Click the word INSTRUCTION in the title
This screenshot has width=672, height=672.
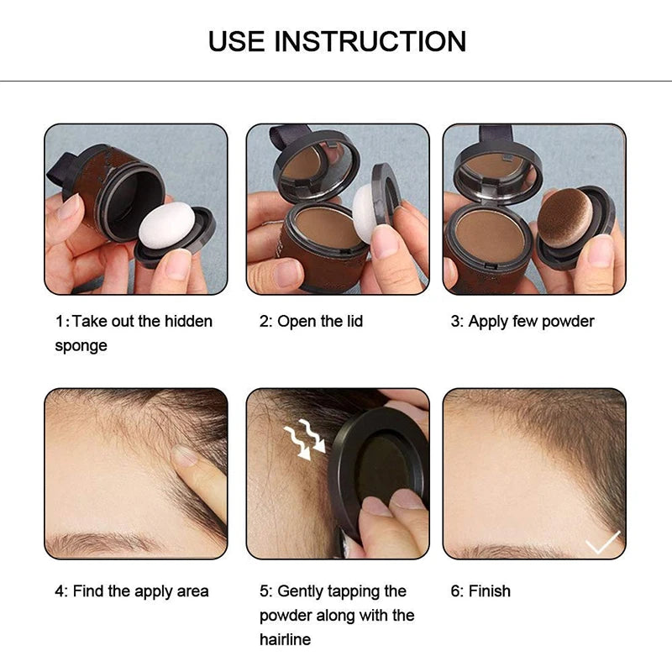pos(371,41)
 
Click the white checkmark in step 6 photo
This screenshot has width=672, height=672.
pos(602,543)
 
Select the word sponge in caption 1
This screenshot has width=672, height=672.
pos(81,346)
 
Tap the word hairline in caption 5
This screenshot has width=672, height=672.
pos(285,640)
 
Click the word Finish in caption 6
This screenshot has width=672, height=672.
pos(490,591)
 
